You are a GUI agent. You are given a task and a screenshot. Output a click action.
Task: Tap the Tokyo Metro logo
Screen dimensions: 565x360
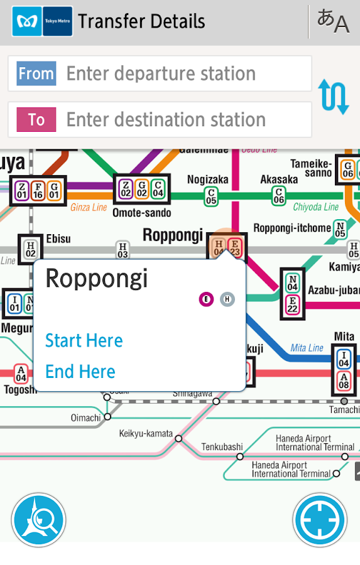[x=42, y=21]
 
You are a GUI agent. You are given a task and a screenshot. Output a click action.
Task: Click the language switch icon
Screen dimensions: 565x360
[x=332, y=21]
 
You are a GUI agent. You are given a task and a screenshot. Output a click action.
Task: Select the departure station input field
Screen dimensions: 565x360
[x=160, y=73]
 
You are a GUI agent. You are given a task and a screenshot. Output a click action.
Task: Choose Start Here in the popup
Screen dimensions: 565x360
[x=84, y=341]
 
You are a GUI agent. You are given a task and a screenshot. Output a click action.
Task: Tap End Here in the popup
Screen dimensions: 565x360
[x=80, y=372]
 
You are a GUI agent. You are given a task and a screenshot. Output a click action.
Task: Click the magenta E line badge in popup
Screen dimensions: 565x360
[x=206, y=299]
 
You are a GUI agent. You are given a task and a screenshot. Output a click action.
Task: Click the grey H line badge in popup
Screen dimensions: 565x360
[x=227, y=299]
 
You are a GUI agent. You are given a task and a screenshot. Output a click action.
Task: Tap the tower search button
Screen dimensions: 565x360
[x=38, y=520]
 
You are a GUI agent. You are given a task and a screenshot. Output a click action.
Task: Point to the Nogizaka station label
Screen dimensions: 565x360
[x=208, y=180]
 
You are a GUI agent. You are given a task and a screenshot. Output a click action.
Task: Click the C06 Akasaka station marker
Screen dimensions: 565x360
[x=278, y=195]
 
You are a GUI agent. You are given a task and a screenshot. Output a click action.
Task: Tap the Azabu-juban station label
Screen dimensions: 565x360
[x=334, y=291]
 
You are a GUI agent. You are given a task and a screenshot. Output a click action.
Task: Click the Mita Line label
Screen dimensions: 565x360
[x=307, y=348]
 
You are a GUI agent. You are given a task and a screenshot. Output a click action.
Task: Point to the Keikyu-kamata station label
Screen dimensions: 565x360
[x=145, y=433]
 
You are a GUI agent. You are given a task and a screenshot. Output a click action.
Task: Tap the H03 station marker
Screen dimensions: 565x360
[x=123, y=250]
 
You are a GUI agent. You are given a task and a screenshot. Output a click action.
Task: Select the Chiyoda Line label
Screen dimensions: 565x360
[x=315, y=206]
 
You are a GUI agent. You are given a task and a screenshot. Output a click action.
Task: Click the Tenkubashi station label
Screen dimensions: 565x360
[x=222, y=446]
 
